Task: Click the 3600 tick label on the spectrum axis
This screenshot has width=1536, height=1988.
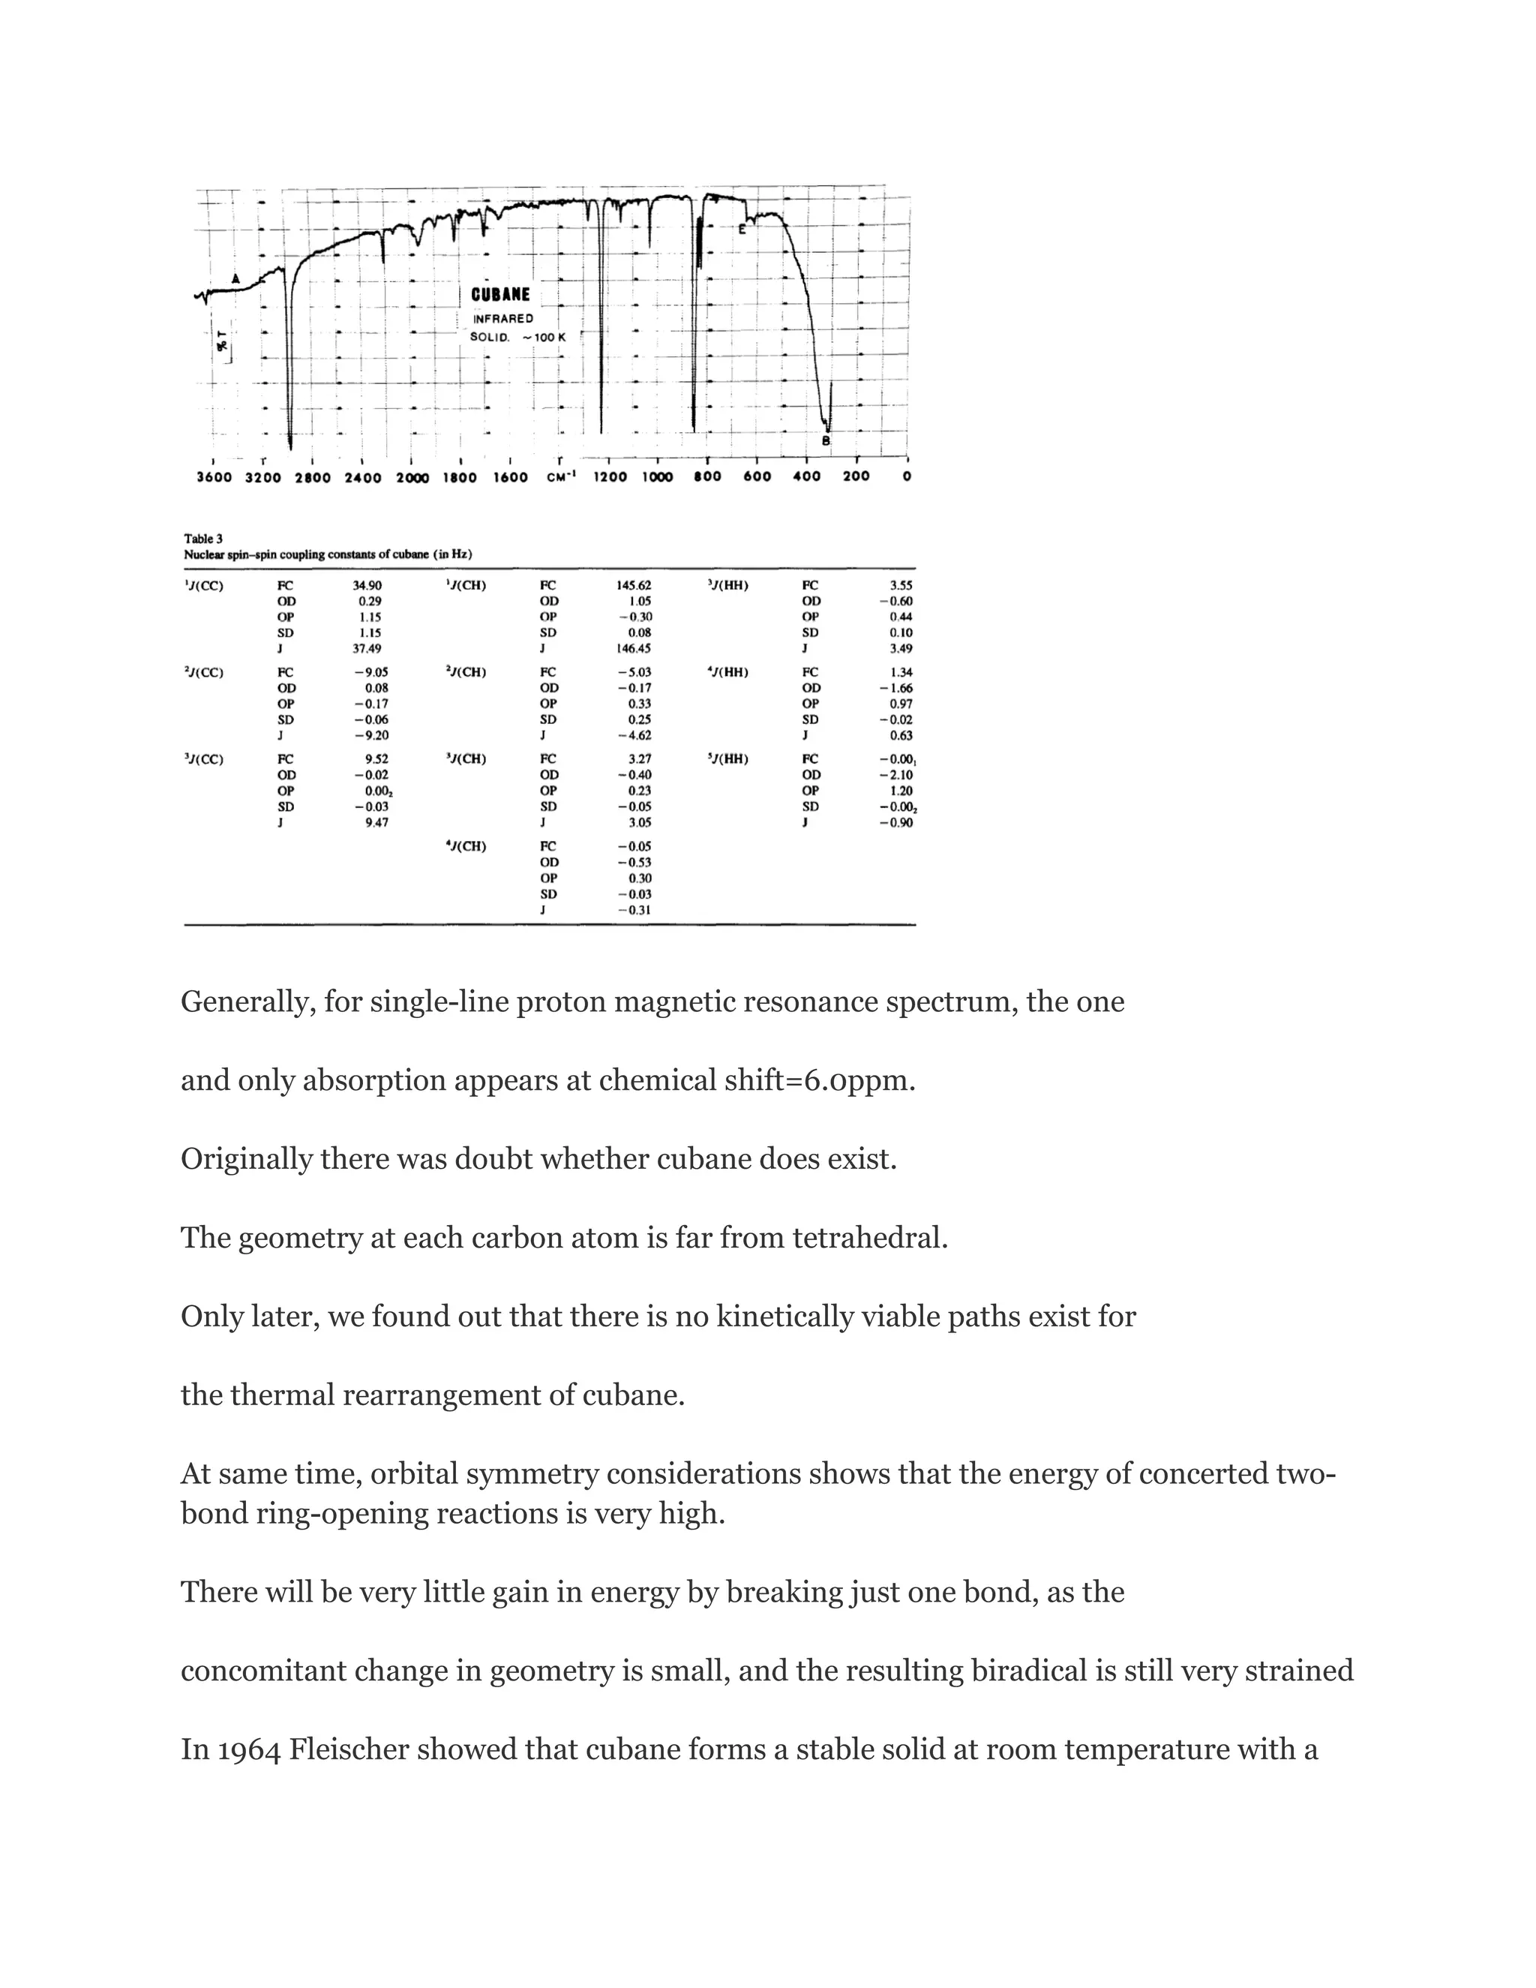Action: point(214,477)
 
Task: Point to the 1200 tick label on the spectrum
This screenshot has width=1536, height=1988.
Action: point(609,477)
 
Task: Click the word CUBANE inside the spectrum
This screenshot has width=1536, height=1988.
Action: point(499,295)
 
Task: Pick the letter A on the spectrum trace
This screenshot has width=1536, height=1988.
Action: point(235,278)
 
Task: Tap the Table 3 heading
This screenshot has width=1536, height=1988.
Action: point(203,539)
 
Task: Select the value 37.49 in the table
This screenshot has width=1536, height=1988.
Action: point(367,649)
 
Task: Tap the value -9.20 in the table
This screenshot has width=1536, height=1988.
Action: point(370,735)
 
